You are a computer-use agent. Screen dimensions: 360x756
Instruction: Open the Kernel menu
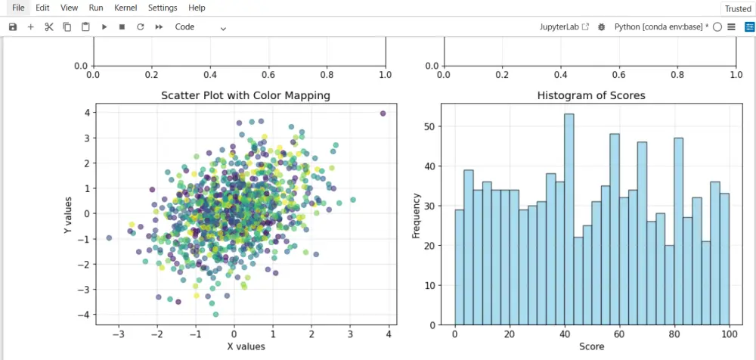point(125,8)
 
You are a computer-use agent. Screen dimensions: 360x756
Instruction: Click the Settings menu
point(163,8)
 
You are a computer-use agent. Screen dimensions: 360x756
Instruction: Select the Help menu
point(197,8)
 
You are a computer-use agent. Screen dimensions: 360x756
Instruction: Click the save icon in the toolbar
point(13,26)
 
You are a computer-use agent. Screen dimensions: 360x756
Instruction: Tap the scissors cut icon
point(49,26)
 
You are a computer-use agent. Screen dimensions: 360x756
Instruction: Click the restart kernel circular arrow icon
point(140,26)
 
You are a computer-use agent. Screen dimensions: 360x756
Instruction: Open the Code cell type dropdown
point(200,27)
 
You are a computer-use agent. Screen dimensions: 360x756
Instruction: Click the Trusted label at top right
point(738,8)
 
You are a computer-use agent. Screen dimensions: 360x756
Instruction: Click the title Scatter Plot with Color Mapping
point(246,95)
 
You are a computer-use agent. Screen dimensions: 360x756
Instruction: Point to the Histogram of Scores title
point(591,95)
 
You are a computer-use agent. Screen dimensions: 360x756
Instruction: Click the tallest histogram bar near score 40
point(569,219)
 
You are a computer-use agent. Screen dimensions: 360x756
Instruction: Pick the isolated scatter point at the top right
point(383,113)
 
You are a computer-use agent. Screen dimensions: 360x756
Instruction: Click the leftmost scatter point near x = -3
point(109,238)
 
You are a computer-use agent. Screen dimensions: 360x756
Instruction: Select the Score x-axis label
point(591,346)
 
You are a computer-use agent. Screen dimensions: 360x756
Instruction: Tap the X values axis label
point(246,346)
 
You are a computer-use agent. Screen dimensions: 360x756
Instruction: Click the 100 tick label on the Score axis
point(729,334)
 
